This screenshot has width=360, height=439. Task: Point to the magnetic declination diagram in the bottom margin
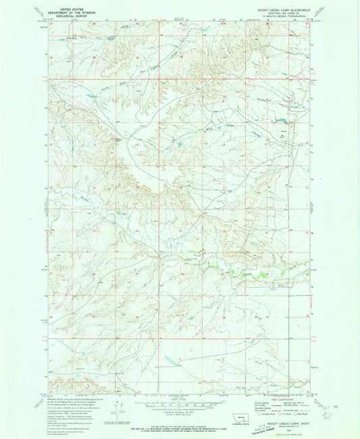point(121,409)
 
